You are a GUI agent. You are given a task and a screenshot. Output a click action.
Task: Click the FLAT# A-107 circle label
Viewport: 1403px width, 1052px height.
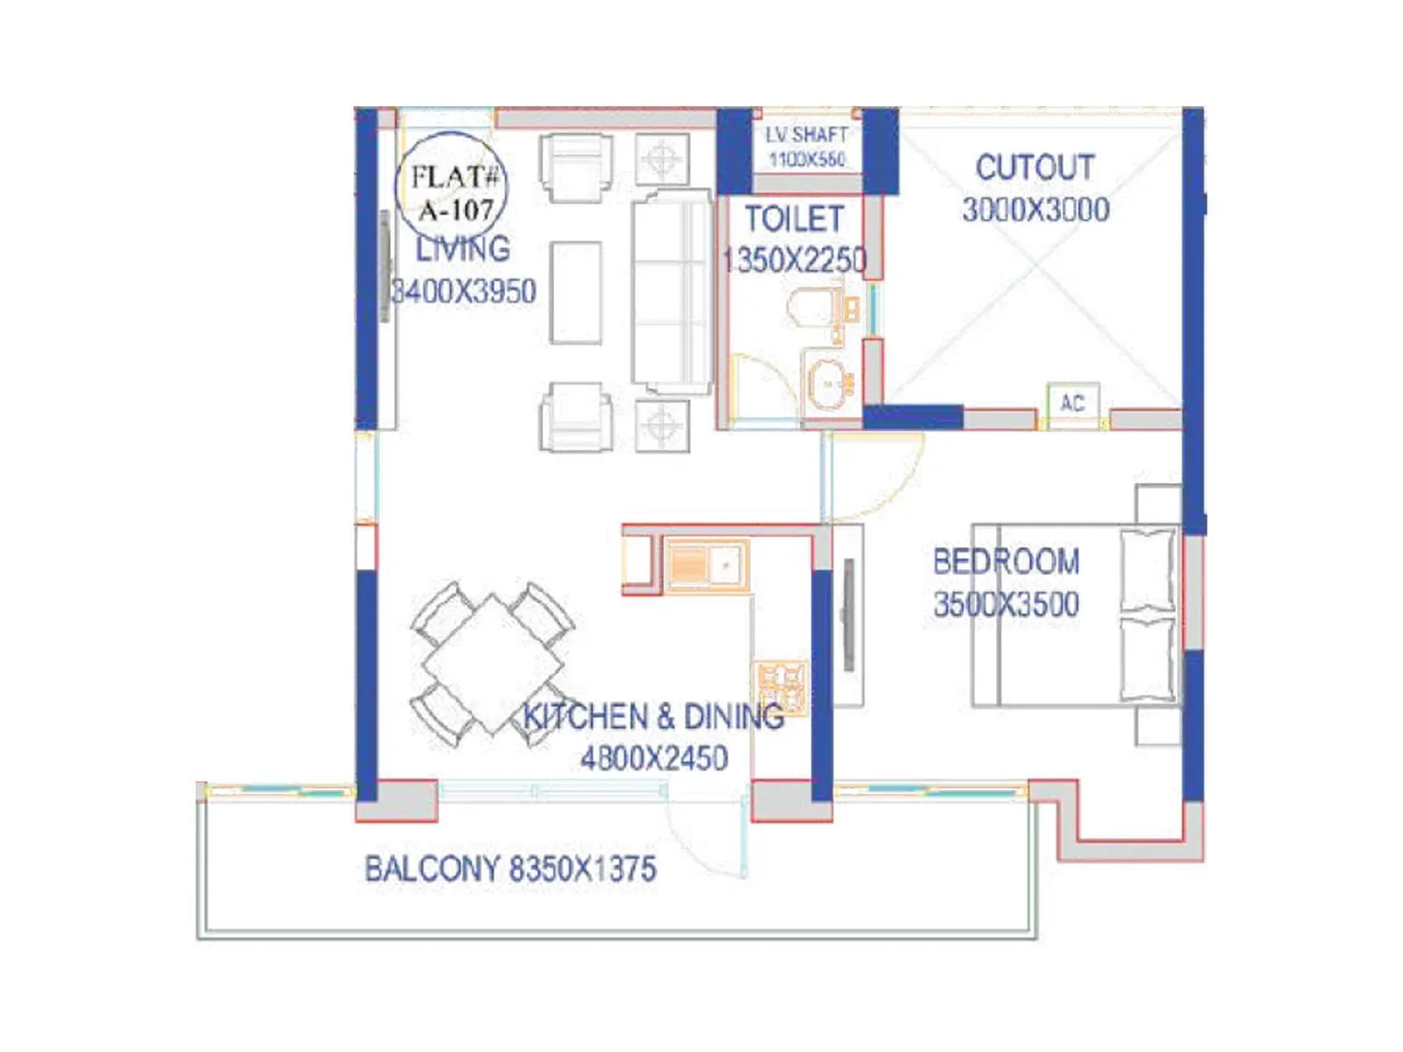pyautogui.click(x=452, y=191)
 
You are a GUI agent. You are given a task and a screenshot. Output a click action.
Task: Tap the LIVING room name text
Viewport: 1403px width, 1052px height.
pyautogui.click(x=462, y=249)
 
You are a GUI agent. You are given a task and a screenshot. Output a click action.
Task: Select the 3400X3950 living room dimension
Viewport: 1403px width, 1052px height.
pyautogui.click(x=464, y=291)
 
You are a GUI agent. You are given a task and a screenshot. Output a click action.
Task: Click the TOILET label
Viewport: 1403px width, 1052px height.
pyautogui.click(x=794, y=219)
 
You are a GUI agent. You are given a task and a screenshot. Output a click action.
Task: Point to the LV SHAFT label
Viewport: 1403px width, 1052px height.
pyautogui.click(x=807, y=135)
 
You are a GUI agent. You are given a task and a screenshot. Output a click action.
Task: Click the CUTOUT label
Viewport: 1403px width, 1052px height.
pyautogui.click(x=1035, y=167)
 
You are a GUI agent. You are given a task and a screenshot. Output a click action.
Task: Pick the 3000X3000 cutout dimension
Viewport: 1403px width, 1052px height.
pyautogui.click(x=1036, y=210)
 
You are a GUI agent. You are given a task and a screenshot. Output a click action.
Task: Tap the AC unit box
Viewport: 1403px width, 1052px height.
pyautogui.click(x=1072, y=403)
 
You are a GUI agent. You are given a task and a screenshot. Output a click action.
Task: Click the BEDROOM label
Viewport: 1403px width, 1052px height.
pyautogui.click(x=1006, y=562)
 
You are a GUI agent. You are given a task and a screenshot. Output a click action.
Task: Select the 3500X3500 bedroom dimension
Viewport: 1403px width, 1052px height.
pyautogui.click(x=1006, y=605)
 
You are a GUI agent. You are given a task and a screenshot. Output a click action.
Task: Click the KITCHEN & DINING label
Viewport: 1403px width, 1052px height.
pyautogui.click(x=653, y=717)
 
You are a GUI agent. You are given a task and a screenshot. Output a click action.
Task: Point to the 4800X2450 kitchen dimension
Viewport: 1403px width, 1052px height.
pyautogui.click(x=654, y=758)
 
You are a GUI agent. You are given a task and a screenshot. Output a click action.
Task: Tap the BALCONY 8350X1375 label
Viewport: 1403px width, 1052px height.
pyautogui.click(x=510, y=870)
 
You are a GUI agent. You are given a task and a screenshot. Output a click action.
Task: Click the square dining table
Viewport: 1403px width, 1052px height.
pyautogui.click(x=493, y=664)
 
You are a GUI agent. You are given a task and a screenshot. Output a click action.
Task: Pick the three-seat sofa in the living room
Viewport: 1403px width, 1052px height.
pyautogui.click(x=672, y=292)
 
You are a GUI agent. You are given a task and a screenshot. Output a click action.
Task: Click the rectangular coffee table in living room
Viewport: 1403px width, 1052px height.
pyautogui.click(x=576, y=293)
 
